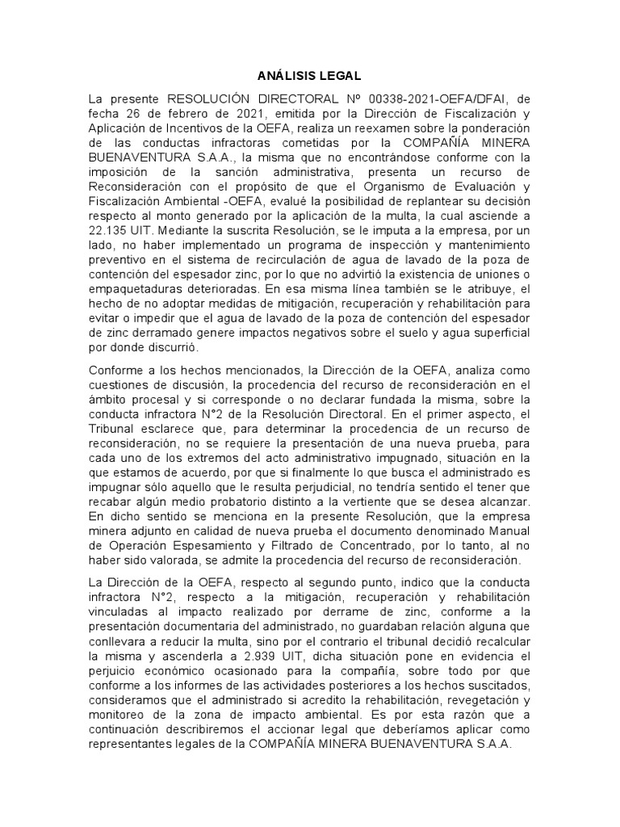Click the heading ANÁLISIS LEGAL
pyautogui.click(x=310, y=77)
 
